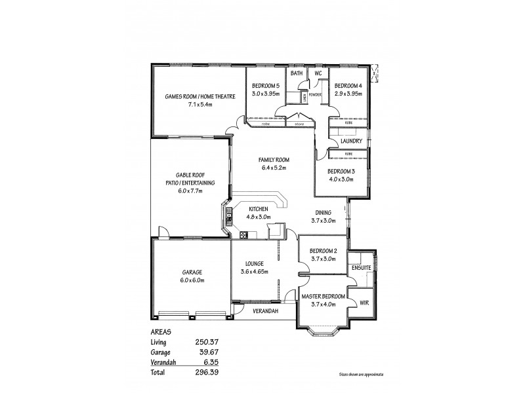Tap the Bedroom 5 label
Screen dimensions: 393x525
point(266,86)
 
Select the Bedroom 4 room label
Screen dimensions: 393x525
point(348,86)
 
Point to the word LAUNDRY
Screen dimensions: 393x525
point(352,141)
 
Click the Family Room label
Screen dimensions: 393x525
point(274,160)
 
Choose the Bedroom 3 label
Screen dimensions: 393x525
point(341,171)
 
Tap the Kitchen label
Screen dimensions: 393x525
point(258,209)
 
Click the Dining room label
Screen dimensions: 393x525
point(323,212)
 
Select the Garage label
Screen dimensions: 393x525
point(192,272)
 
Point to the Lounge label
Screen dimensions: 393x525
point(254,263)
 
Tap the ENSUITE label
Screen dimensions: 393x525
point(362,268)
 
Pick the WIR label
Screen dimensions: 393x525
point(364,302)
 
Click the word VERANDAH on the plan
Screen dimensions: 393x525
point(266,311)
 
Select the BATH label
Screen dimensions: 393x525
point(297,73)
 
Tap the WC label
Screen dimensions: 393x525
point(318,73)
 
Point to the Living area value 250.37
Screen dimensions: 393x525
point(207,342)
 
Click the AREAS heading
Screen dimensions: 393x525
point(161,331)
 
